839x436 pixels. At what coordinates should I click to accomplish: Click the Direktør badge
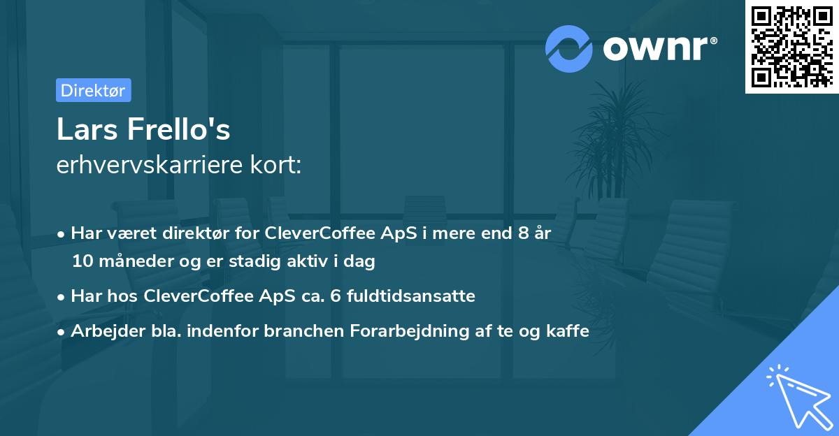[x=93, y=90]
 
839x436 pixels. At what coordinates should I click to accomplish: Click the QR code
[x=791, y=46]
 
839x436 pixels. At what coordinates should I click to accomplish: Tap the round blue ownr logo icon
[x=569, y=48]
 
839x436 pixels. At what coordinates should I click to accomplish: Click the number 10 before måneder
[x=80, y=261]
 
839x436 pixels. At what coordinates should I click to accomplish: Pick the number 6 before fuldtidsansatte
[x=350, y=296]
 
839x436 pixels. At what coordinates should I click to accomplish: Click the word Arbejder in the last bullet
[x=101, y=331]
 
